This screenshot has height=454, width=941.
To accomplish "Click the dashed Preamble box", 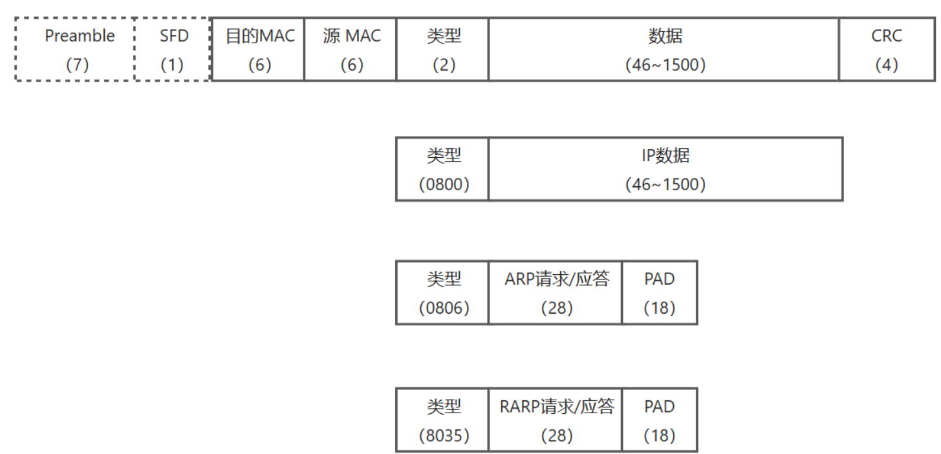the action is [75, 50].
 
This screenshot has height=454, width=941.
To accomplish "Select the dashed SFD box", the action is [173, 50].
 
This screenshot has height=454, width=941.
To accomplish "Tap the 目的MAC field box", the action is [259, 50].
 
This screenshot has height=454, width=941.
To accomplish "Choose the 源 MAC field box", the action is [351, 50].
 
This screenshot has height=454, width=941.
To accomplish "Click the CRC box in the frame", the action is [886, 50].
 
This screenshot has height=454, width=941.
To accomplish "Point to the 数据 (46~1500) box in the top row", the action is [664, 50].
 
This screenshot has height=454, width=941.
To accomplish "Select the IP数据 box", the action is [665, 169].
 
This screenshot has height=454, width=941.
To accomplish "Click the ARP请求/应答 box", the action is [556, 293].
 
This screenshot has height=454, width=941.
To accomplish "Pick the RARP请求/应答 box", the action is [556, 420].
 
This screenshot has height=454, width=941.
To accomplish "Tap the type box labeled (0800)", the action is [443, 169].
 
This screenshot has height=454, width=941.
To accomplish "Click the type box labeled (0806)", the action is [443, 293].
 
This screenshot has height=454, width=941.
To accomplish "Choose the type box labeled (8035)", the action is [443, 420].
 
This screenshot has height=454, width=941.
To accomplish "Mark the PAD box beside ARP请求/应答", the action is [660, 293].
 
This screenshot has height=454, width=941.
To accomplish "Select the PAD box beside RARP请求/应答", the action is [660, 420].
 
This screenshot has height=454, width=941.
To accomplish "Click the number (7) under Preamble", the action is [77, 65].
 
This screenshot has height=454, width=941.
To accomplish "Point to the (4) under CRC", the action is [886, 65].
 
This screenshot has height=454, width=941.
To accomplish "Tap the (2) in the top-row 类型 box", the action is [444, 65].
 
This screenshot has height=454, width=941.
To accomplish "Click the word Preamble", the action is [80, 36].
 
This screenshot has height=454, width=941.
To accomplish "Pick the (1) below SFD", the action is [173, 65].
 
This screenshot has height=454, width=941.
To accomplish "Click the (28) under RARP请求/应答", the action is [557, 436].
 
